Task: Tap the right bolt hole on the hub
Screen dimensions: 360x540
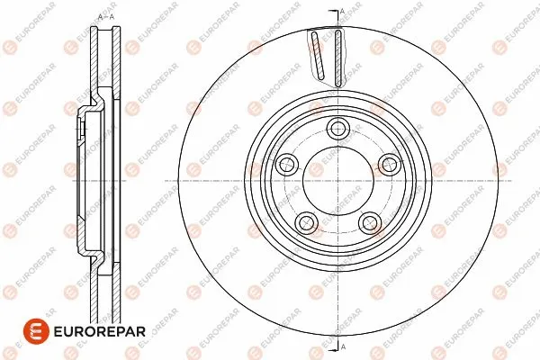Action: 390,163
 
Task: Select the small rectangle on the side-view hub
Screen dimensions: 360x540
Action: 81,131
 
